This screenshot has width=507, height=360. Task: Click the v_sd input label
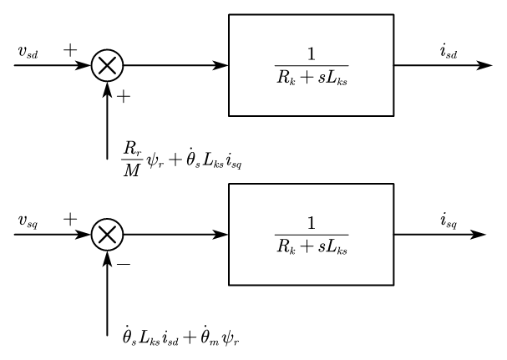pos(28,53)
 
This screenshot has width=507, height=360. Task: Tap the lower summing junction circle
pos(108,233)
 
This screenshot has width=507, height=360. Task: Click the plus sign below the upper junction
pos(124,97)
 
